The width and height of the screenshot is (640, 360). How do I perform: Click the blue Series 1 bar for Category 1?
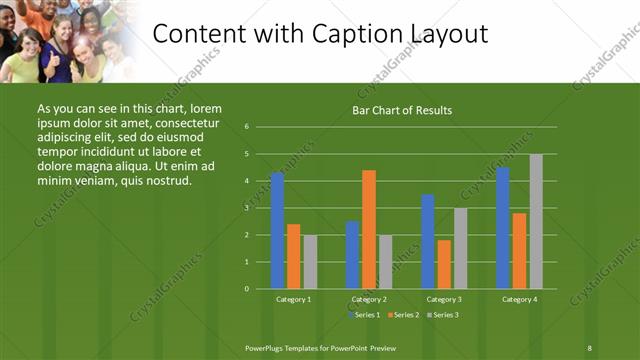[x=277, y=231]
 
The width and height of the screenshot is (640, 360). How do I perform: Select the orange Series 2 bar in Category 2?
[x=369, y=229]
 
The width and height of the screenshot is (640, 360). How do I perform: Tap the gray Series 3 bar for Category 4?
[x=536, y=221]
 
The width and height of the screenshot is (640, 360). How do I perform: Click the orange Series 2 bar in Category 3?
[x=444, y=264]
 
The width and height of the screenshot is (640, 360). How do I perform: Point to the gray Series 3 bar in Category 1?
[x=310, y=261]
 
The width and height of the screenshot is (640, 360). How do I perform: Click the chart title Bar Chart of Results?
[x=402, y=110]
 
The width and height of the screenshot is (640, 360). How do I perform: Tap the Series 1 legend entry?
[x=364, y=315]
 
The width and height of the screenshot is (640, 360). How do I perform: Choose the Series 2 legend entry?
[x=402, y=315]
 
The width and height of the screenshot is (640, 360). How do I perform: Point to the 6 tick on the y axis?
[x=246, y=127]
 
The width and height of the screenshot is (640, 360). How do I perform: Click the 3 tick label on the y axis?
[x=246, y=208]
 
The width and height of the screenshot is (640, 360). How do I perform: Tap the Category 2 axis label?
[x=369, y=299]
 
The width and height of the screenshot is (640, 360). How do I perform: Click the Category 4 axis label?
[x=519, y=299]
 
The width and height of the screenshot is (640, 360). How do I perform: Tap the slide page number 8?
[x=589, y=347]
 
